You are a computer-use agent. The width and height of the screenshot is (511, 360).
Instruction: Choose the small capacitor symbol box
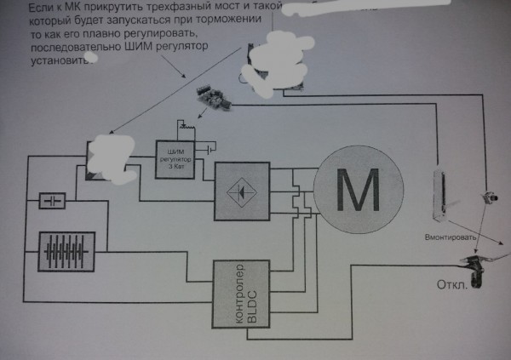pyautogui.click(x=54, y=202)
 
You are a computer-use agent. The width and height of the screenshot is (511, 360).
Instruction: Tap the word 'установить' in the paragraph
pyautogui.click(x=57, y=61)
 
